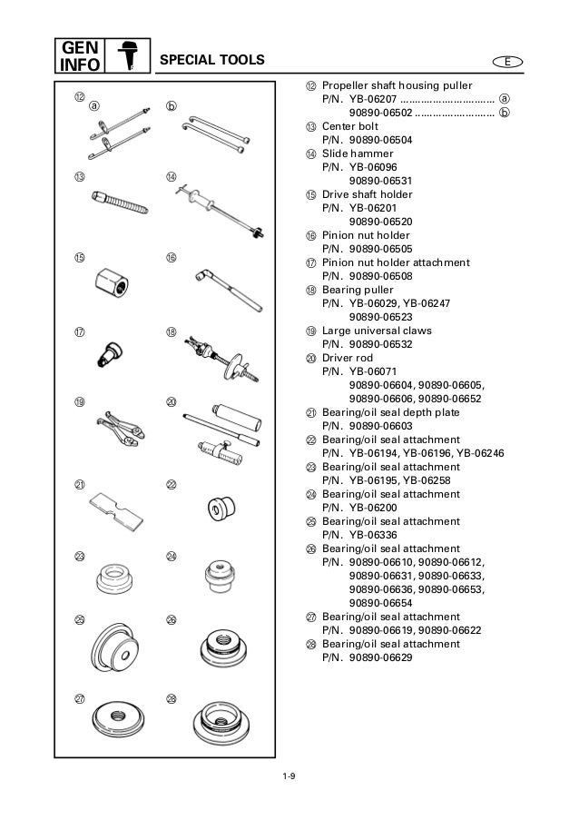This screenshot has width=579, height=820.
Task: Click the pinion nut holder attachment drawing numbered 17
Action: point(111,355)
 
